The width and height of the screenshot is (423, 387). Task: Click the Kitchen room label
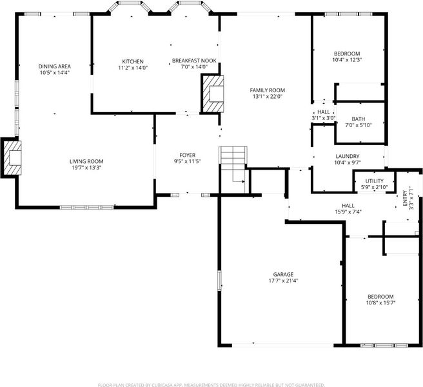(x=133, y=61)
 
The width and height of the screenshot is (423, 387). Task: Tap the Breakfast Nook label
(x=194, y=61)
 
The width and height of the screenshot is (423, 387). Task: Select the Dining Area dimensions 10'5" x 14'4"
(x=55, y=73)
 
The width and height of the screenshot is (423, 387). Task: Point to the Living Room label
(x=86, y=161)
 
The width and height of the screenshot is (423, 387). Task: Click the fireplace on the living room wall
(x=12, y=158)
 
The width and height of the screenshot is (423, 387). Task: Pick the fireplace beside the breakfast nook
(x=212, y=94)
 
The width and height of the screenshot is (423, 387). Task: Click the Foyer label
(x=188, y=155)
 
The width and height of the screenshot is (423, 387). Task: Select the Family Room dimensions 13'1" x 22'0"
(x=268, y=97)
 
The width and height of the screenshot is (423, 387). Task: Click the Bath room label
(x=359, y=119)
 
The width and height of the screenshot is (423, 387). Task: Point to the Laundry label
(x=348, y=156)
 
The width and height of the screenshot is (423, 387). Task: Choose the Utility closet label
(x=375, y=181)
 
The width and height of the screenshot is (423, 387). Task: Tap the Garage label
(x=283, y=275)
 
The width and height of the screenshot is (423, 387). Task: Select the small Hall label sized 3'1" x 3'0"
(x=324, y=112)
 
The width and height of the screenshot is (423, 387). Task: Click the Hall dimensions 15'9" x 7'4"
(x=348, y=212)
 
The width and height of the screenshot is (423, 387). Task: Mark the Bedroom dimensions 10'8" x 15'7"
(x=380, y=303)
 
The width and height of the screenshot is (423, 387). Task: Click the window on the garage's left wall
(x=219, y=281)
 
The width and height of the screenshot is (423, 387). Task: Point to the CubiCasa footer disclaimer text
(x=211, y=385)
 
